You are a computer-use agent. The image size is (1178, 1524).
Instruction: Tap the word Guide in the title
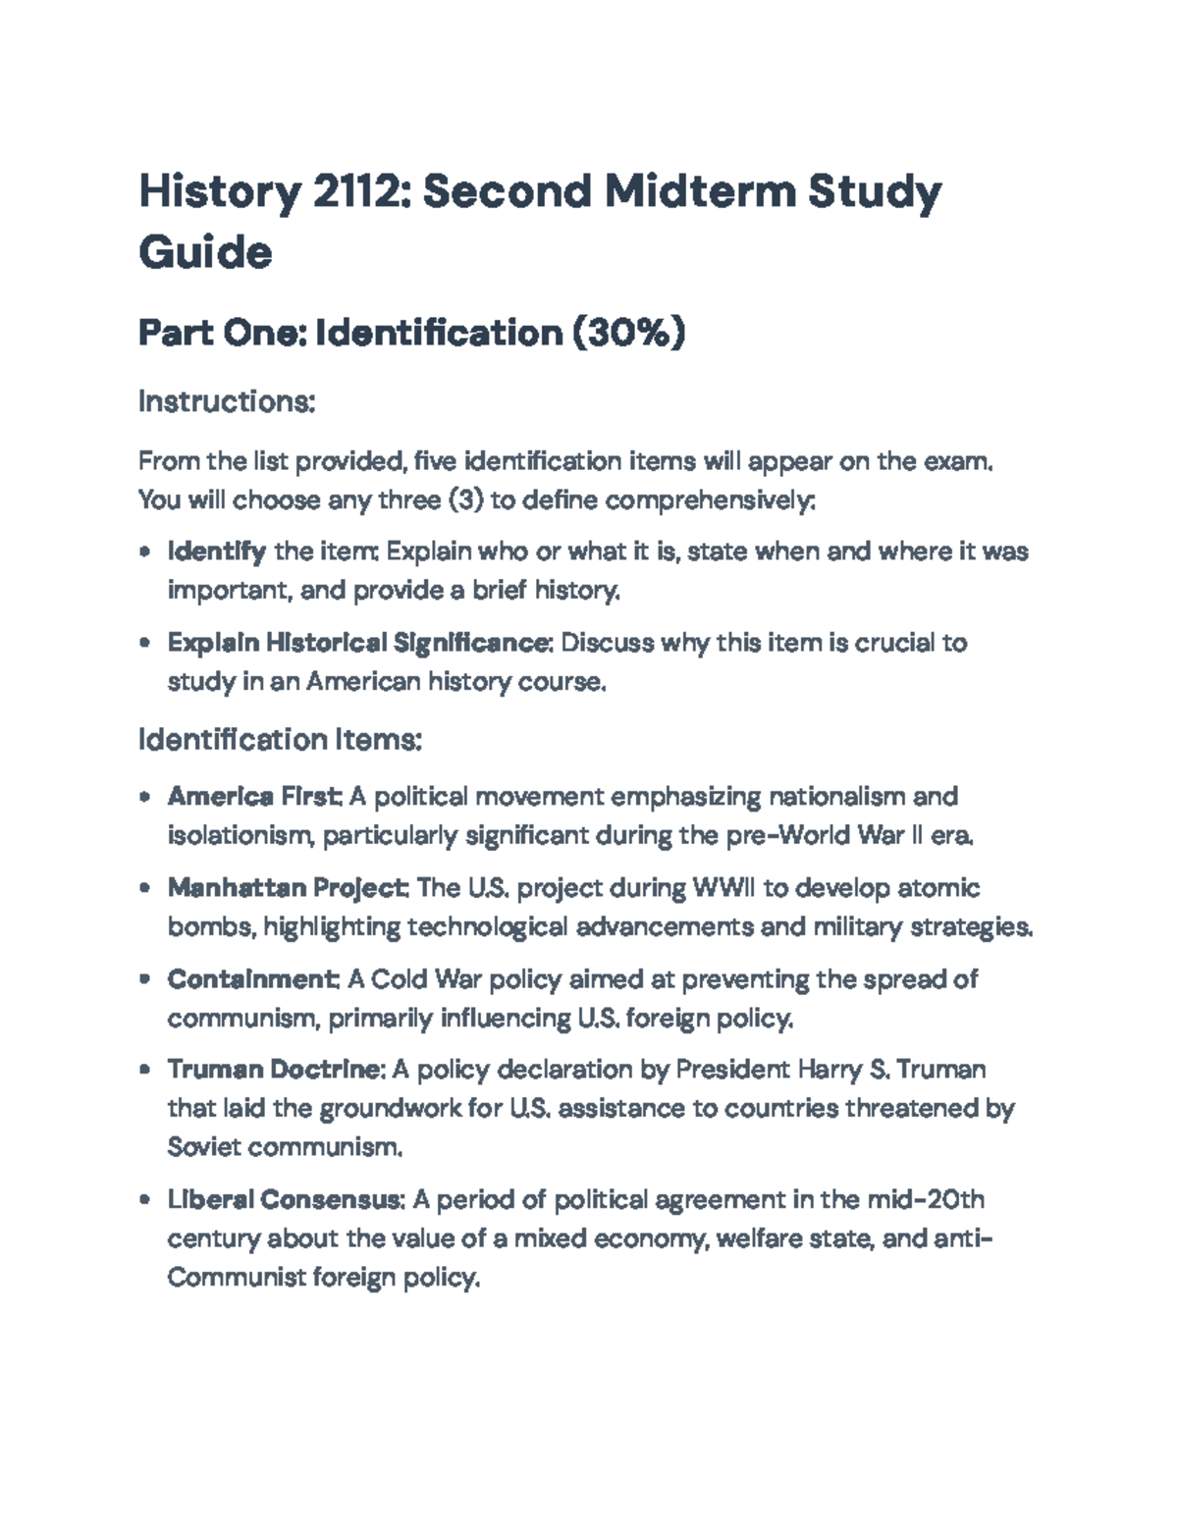pyautogui.click(x=205, y=252)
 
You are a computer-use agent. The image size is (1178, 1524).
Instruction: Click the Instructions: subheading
pyautogui.click(x=226, y=401)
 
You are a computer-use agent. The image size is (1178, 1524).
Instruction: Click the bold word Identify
pyautogui.click(x=216, y=552)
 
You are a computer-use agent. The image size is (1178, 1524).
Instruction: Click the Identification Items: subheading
pyautogui.click(x=280, y=739)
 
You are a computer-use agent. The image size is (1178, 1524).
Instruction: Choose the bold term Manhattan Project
pyautogui.click(x=287, y=888)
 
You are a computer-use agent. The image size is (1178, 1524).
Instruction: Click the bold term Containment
pyautogui.click(x=252, y=979)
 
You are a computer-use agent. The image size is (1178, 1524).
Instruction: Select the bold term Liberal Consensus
pyautogui.click(x=284, y=1200)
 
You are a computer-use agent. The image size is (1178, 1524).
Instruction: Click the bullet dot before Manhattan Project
pyautogui.click(x=145, y=888)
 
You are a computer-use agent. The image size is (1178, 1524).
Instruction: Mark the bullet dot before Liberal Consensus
pyautogui.click(x=145, y=1200)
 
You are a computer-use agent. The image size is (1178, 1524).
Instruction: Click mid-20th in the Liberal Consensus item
pyautogui.click(x=926, y=1200)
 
